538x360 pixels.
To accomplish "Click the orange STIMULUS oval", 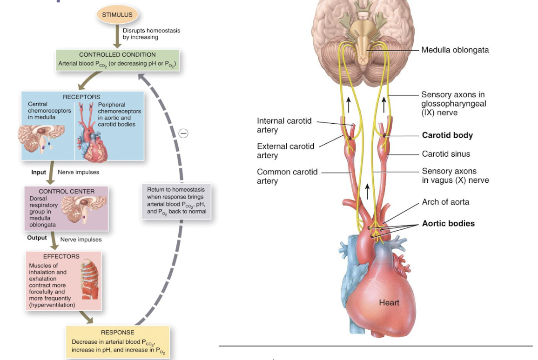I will pyautogui.click(x=117, y=15).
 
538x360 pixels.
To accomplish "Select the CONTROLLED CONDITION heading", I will pyautogui.click(x=117, y=54).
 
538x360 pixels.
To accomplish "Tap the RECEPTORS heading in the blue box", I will pyautogui.click(x=81, y=97).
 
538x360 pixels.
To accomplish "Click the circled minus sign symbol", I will pyautogui.click(x=183, y=133).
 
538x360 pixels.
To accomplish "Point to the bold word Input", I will pyautogui.click(x=39, y=172).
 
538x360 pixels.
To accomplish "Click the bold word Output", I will pyautogui.click(x=37, y=238).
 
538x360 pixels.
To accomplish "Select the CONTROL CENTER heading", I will pyautogui.click(x=67, y=191).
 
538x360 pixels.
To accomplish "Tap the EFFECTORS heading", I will pyautogui.click(x=61, y=256).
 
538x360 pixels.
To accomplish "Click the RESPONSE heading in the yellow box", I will pyautogui.click(x=117, y=333).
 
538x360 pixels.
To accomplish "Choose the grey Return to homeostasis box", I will pyautogui.click(x=176, y=200).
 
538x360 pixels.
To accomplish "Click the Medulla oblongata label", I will pyautogui.click(x=455, y=50).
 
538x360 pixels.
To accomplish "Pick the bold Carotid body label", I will pyautogui.click(x=447, y=135).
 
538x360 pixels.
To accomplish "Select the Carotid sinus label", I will pyautogui.click(x=446, y=154).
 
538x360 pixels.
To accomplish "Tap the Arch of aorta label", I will pyautogui.click(x=445, y=202).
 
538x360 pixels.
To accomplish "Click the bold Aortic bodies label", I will pyautogui.click(x=448, y=223).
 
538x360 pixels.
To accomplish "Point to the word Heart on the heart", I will pyautogui.click(x=389, y=303).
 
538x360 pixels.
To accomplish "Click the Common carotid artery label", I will pyautogui.click(x=287, y=176).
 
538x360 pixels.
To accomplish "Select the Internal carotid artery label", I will pyautogui.click(x=284, y=126).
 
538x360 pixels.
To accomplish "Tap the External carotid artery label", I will pyautogui.click(x=285, y=151).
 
